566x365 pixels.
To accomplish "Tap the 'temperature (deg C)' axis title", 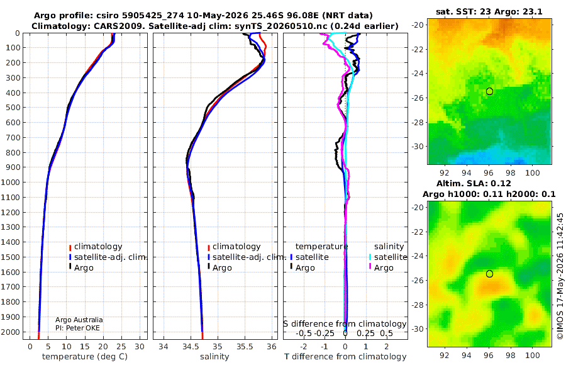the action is pyautogui.click(x=85, y=357).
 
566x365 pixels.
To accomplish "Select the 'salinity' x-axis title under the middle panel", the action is pyautogui.click(x=214, y=357).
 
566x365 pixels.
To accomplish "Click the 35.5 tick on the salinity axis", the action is pyautogui.click(x=245, y=347).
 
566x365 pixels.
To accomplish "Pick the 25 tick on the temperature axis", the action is pyautogui.click(x=121, y=347).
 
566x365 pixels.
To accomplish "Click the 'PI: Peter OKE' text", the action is pyautogui.click(x=77, y=328).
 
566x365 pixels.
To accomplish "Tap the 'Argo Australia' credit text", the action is pyautogui.click(x=79, y=320).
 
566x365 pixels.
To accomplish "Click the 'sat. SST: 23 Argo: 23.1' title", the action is pyautogui.click(x=489, y=11).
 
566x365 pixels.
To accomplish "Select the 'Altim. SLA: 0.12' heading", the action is pyautogui.click(x=474, y=183).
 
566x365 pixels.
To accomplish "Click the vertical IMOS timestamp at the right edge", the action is pyautogui.click(x=560, y=276).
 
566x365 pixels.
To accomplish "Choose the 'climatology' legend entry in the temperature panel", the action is pyautogui.click(x=98, y=247).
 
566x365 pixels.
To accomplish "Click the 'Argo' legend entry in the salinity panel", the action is pyautogui.click(x=222, y=268).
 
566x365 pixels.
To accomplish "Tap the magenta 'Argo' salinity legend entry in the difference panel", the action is pyautogui.click(x=384, y=268).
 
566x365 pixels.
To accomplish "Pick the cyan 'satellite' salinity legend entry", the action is pyautogui.click(x=391, y=257).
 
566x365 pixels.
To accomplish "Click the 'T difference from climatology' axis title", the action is pyautogui.click(x=345, y=357).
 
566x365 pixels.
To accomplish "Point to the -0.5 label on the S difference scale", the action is pyautogui.click(x=304, y=333).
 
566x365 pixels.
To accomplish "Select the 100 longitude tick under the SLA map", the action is pyautogui.click(x=533, y=355).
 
